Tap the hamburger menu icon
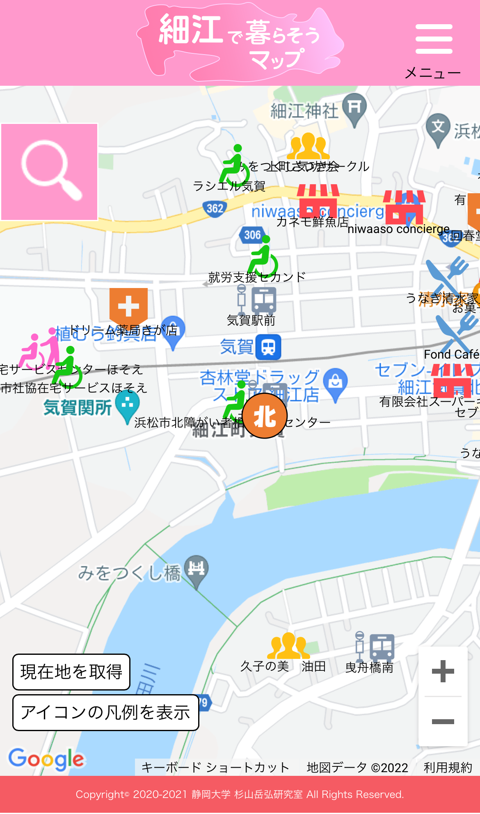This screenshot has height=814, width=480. coord(434,39)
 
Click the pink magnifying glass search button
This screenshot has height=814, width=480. coord(50,172)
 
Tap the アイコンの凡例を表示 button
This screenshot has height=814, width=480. coord(105,713)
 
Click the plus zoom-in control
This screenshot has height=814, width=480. coord(443,672)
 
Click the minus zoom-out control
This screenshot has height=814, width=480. coord(443,722)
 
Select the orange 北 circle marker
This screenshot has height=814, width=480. coord(264,416)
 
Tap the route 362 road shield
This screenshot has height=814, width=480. coord(215,208)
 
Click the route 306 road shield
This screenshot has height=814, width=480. coord(252,235)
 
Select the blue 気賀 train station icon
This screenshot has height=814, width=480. coord(268,347)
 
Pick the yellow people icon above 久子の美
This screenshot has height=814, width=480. coord(288,646)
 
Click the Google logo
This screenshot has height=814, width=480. coord(46,759)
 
